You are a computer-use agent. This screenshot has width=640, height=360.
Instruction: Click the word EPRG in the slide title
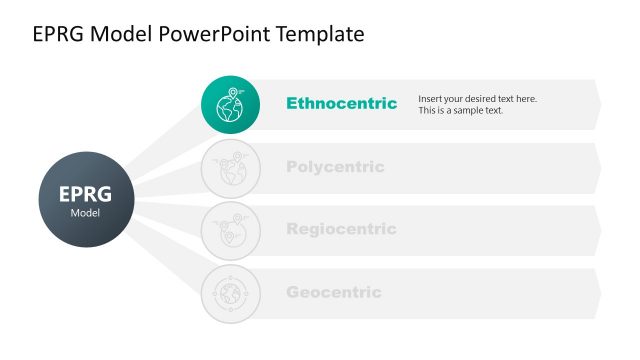pyautogui.click(x=58, y=34)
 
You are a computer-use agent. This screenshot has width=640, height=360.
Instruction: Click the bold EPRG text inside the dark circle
pyautogui.click(x=85, y=194)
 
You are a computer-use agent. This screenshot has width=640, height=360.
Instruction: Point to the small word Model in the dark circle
pyautogui.click(x=85, y=213)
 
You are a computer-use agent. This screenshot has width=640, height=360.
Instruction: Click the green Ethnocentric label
pyautogui.click(x=341, y=103)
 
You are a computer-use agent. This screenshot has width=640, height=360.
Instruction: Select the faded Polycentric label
pyautogui.click(x=335, y=167)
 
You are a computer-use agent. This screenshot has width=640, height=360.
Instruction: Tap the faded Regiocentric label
pyautogui.click(x=341, y=229)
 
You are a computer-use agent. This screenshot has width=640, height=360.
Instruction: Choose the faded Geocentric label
pyautogui.click(x=334, y=292)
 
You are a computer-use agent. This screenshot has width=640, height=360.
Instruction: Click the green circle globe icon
pyautogui.click(x=230, y=104)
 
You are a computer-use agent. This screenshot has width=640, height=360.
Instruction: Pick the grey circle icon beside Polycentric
pyautogui.click(x=230, y=167)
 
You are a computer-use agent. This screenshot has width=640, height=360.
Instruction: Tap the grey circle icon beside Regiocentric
pyautogui.click(x=230, y=230)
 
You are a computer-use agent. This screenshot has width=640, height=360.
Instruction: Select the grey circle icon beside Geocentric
pyautogui.click(x=230, y=293)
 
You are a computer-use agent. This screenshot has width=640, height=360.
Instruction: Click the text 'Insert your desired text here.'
pyautogui.click(x=477, y=98)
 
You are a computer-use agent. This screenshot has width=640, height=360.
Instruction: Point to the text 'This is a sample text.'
pyautogui.click(x=461, y=110)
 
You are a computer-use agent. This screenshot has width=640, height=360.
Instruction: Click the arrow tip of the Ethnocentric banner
pyautogui.click(x=598, y=104)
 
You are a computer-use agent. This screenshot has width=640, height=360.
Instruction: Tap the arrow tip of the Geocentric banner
pyautogui.click(x=598, y=293)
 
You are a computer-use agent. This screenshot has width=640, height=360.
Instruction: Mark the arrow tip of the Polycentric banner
pyautogui.click(x=598, y=167)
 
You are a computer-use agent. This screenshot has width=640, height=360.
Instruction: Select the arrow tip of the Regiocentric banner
pyautogui.click(x=598, y=230)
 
